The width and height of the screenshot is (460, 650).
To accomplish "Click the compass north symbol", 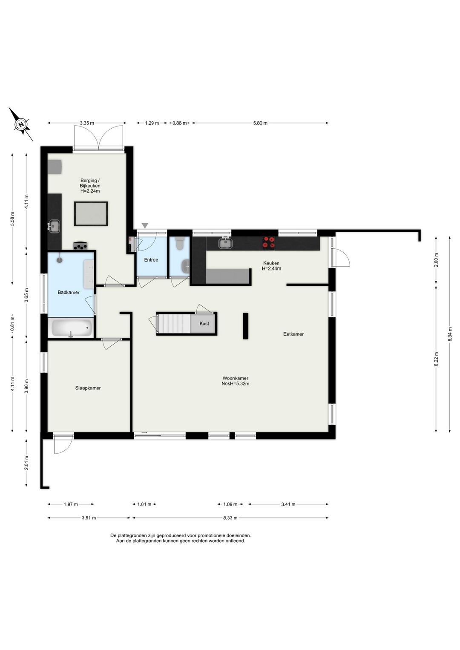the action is coord(21,124).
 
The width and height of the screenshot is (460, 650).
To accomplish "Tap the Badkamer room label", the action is coord(69,292).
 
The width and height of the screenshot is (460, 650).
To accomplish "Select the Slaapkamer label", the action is coord(88,388).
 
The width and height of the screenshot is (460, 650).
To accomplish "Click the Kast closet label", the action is coord(204,323).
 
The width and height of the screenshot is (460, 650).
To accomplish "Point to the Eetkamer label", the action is coord(293,334).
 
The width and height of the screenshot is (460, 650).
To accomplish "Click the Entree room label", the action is coord(151,260).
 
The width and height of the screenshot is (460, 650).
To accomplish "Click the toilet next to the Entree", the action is coord(180,243).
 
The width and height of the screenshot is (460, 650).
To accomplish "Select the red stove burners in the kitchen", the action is coord(269,243).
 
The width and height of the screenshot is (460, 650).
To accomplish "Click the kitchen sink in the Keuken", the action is coord(225,243).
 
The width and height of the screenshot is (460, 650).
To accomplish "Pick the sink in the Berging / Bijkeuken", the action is coord(54,226).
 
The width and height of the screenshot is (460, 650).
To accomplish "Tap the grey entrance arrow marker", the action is coord(145,225).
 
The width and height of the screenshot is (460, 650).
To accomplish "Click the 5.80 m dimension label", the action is coord(260,123).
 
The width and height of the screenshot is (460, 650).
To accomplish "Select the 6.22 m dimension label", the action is coord(436,359).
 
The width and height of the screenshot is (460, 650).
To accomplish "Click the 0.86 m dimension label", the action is coord(179,123).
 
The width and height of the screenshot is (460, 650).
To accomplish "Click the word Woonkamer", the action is coord(236,378).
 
